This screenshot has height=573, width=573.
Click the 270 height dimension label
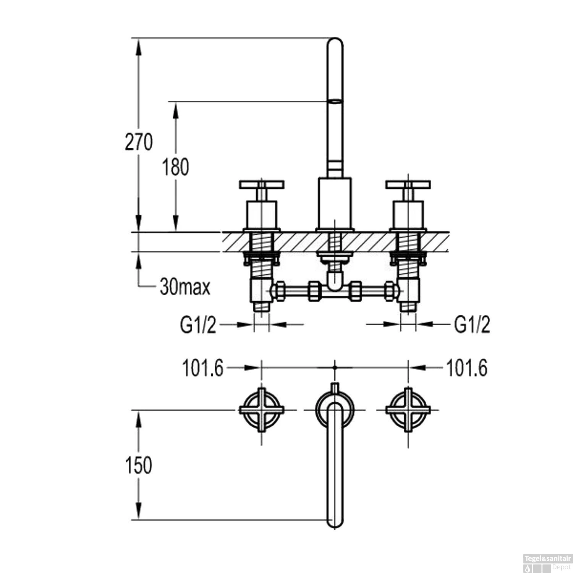[x=138, y=142]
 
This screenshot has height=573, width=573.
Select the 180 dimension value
[x=176, y=167]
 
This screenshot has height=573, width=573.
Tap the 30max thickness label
[x=185, y=286]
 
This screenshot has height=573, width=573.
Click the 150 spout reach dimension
[x=139, y=465]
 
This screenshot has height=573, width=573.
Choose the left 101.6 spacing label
[x=202, y=369]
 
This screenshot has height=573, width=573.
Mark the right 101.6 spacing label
[x=467, y=369]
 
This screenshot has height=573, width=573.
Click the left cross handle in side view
[x=262, y=185]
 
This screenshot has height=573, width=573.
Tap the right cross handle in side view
[x=408, y=185]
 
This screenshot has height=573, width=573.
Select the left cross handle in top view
[x=262, y=410]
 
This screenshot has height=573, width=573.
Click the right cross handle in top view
[x=408, y=410]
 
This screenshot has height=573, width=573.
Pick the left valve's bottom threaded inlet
[x=262, y=308]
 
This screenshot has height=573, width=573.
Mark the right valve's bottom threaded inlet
[x=408, y=308]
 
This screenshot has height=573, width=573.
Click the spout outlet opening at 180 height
[x=335, y=102]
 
